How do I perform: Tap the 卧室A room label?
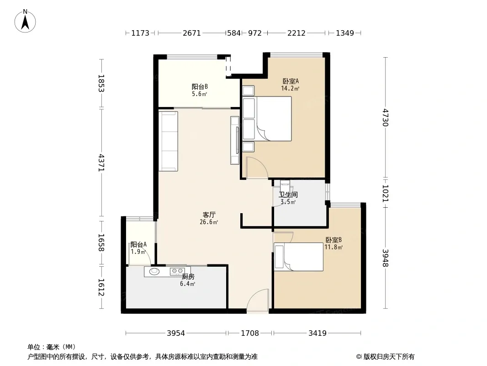(x=291, y=81)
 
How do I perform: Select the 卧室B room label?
(x=333, y=240)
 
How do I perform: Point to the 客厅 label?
(x=209, y=215)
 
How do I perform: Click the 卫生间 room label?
(x=288, y=194)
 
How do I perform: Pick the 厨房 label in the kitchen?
(x=188, y=276)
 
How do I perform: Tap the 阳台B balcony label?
(x=199, y=87)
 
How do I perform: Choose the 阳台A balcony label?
(x=138, y=245)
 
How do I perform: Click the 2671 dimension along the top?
(x=191, y=33)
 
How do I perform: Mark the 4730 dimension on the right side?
(x=386, y=117)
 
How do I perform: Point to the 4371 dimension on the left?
(x=101, y=162)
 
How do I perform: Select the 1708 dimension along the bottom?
(x=250, y=334)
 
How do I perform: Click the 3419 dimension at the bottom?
(x=318, y=334)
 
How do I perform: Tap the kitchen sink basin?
(x=154, y=271)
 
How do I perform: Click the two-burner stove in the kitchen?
(x=177, y=271)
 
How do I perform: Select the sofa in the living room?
(x=168, y=141)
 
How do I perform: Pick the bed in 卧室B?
(x=298, y=257)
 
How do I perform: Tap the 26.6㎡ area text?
(x=209, y=222)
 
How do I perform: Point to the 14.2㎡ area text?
(x=290, y=88)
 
